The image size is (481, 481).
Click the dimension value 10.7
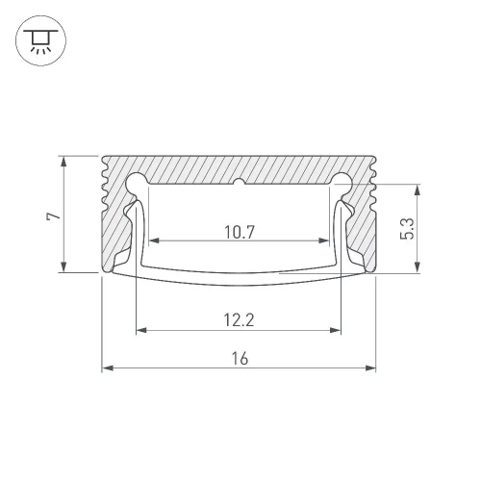click(240, 232)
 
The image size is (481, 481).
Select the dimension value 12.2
click(239, 320)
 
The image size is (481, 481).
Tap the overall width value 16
click(240, 358)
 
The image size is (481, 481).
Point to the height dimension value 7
click(53, 215)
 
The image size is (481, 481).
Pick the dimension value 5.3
click(407, 229)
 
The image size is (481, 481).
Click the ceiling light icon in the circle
click(40, 40)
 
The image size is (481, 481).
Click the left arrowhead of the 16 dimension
click(108, 367)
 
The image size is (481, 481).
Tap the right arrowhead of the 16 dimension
click(370, 367)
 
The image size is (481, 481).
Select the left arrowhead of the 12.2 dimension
click(141, 330)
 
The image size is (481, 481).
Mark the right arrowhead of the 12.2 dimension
click(335, 330)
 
